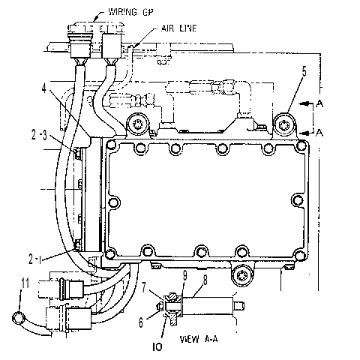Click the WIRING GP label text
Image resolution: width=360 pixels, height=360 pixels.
pos(130,12)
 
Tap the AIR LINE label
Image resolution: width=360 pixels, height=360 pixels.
pos(178,28)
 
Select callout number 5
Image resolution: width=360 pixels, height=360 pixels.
pos(304,72)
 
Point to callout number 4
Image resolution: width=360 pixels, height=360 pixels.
pos(44,88)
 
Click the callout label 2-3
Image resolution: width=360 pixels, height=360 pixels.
pos(39,135)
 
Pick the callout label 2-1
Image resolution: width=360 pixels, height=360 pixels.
pos(34,259)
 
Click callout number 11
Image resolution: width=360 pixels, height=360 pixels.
pos(25,283)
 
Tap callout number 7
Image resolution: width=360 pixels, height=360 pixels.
pos(144,288)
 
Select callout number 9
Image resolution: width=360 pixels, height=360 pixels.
pos(184,277)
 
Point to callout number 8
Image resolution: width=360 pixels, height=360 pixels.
pos(205,280)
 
